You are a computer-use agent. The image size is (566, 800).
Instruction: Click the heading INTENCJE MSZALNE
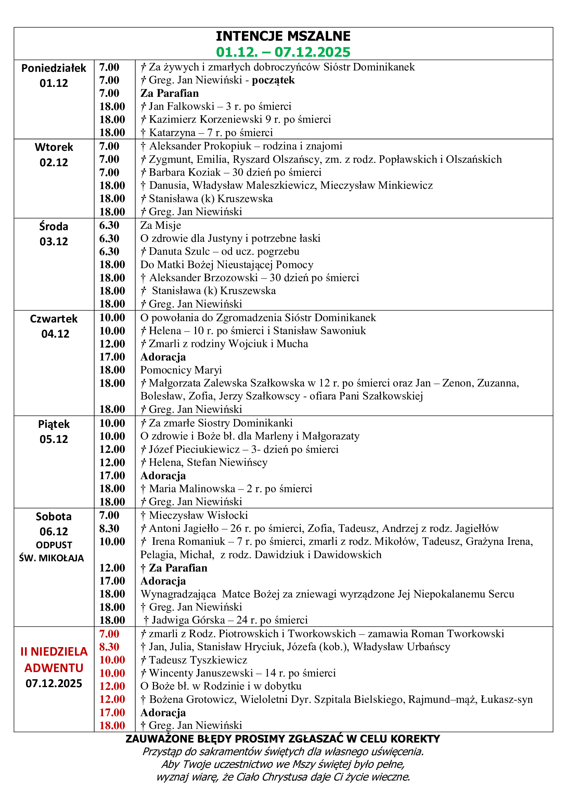(x=283, y=36)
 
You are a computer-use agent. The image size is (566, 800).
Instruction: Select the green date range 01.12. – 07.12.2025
(x=283, y=52)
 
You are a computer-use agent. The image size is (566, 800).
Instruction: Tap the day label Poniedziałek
(x=54, y=68)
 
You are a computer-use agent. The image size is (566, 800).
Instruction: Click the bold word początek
(x=273, y=80)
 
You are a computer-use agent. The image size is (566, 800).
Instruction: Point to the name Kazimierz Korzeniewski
(x=206, y=119)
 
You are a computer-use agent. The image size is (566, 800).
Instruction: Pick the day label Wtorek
(x=54, y=147)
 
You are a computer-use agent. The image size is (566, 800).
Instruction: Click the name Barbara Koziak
(x=185, y=172)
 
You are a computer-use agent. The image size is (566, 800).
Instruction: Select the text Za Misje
(x=161, y=225)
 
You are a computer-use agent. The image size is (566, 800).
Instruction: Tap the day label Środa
(x=54, y=226)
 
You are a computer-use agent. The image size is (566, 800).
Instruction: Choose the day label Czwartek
(x=54, y=319)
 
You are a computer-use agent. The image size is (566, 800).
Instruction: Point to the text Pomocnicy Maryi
(x=181, y=370)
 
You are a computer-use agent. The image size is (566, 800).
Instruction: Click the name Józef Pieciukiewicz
(x=194, y=449)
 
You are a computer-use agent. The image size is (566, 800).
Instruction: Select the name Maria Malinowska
(x=192, y=489)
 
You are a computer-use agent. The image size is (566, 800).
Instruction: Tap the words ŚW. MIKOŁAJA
(x=52, y=558)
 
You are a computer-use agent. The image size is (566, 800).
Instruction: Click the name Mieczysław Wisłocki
(x=198, y=515)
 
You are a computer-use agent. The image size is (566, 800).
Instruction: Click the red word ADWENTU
(x=54, y=668)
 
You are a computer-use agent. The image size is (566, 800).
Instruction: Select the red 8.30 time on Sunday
(x=109, y=647)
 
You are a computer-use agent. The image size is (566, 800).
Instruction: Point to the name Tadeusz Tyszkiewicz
(x=198, y=660)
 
